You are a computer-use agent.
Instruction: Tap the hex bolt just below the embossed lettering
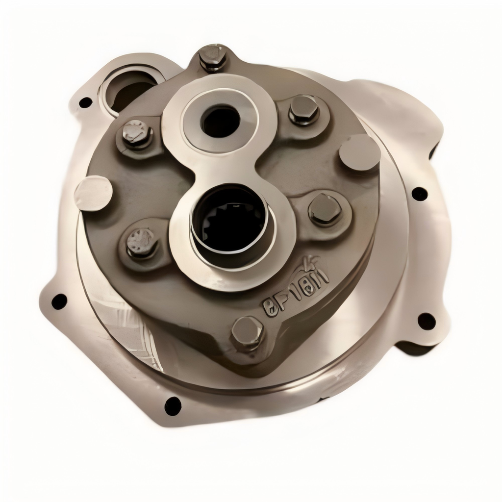tap(247, 332)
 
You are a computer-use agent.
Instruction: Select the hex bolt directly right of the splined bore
tap(325, 209)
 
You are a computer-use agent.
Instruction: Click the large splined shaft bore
tap(228, 221)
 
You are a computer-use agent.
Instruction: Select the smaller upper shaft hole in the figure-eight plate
tap(221, 122)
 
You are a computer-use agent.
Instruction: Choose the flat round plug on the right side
tap(359, 152)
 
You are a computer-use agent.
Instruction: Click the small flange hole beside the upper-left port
tap(86, 102)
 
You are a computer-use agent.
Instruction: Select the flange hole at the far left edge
tap(59, 301)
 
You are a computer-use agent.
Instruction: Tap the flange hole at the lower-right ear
tap(426, 322)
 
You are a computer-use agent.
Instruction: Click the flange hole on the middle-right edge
tap(419, 194)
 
